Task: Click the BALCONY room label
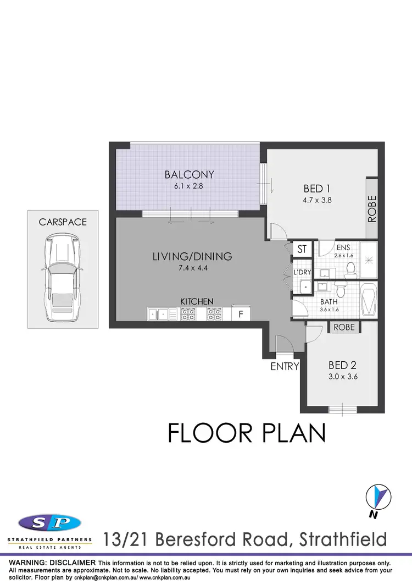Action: tap(189, 175)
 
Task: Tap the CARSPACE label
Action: tap(63, 222)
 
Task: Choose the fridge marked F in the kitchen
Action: tap(240, 315)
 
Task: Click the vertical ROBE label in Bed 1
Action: tap(372, 208)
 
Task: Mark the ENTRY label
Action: tap(285, 366)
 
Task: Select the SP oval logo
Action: tap(49, 522)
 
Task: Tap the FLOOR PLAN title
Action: tap(247, 433)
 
